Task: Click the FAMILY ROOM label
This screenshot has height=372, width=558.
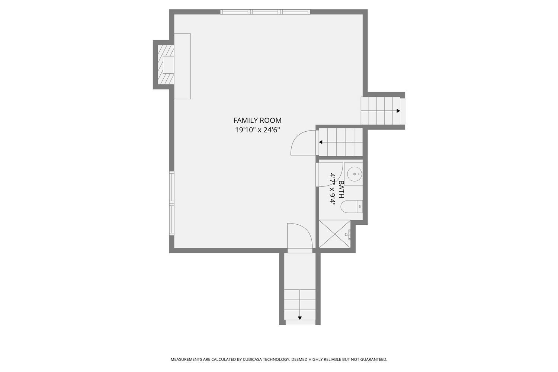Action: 257,121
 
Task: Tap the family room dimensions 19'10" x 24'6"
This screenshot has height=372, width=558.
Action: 257,130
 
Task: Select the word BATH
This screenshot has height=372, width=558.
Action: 341,189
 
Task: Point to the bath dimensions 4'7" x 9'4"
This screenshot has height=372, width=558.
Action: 332,189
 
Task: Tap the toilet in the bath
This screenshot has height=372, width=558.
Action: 352,206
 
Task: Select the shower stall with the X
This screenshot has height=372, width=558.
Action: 334,234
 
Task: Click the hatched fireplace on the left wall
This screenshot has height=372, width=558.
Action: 166,64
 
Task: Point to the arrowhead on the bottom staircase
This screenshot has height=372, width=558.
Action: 300,318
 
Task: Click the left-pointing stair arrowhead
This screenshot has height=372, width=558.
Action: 321,142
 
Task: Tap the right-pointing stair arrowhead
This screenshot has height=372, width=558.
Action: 398,111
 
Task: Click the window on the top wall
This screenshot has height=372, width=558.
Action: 265,12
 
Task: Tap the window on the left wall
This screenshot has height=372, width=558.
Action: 171,203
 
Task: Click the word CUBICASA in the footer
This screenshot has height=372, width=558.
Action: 251,359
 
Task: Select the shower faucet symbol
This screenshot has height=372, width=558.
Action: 348,234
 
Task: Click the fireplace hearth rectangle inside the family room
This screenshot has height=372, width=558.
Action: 182,66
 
